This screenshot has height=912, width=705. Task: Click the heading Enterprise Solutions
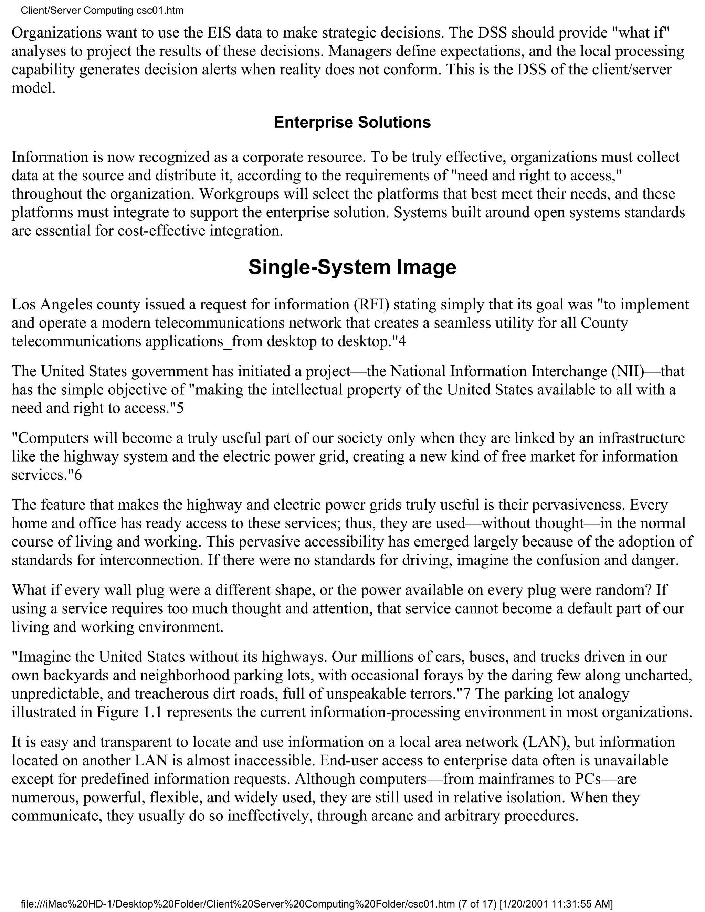click(x=352, y=123)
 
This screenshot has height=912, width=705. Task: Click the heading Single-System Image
click(x=352, y=267)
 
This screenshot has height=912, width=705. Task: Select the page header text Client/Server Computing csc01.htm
click(x=102, y=10)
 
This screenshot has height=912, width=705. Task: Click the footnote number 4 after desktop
click(x=402, y=342)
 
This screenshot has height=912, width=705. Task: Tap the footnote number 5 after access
click(x=180, y=408)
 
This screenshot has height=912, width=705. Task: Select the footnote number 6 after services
click(x=78, y=475)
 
